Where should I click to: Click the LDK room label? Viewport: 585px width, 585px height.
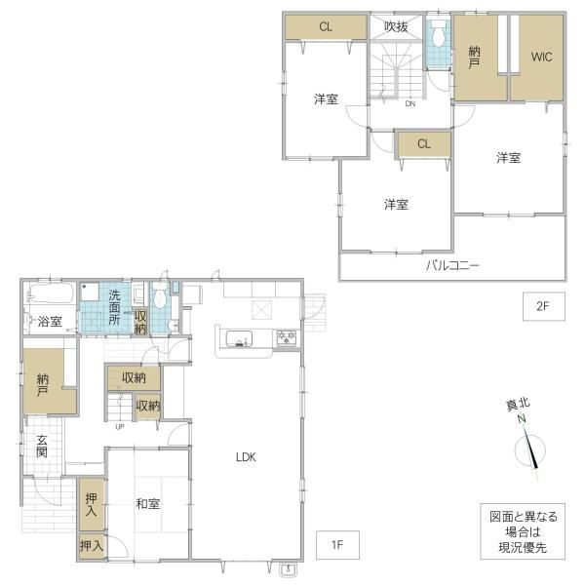click(x=246, y=457)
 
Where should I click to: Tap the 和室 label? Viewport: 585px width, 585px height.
click(x=148, y=504)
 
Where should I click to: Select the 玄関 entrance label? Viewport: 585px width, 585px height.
click(x=42, y=447)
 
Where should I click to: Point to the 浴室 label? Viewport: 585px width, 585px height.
click(x=50, y=321)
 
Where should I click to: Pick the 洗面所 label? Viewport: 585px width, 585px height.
click(x=114, y=307)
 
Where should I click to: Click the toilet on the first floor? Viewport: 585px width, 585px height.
click(x=160, y=294)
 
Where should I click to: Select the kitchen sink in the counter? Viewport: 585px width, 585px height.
click(x=239, y=339)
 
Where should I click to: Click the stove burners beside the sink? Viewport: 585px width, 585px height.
click(x=286, y=338)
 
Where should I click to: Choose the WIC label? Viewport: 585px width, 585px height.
click(x=541, y=58)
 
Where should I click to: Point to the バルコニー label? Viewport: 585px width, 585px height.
click(x=452, y=265)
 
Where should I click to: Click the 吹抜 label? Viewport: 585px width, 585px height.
click(x=396, y=26)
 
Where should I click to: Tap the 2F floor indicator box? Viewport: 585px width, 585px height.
click(x=544, y=306)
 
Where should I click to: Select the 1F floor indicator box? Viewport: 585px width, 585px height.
click(x=337, y=545)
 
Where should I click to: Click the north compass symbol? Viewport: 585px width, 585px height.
click(x=529, y=448)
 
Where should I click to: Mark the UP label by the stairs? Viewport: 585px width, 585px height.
click(x=120, y=427)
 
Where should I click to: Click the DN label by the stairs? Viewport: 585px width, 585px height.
click(x=410, y=103)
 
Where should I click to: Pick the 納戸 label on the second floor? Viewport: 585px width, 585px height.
click(x=474, y=58)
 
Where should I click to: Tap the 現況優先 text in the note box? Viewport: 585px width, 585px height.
click(x=523, y=547)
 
